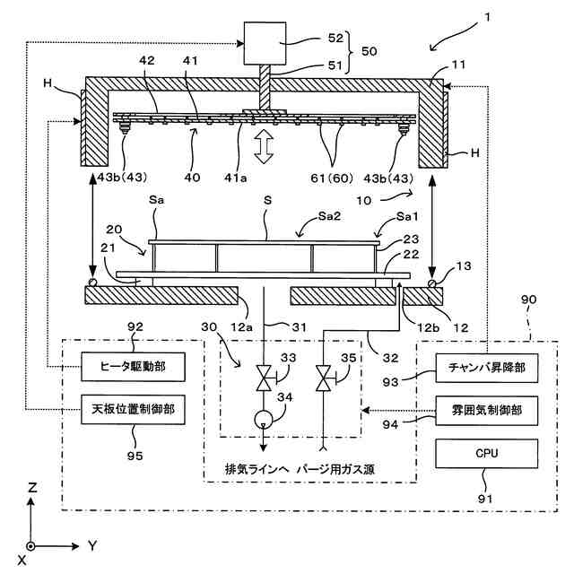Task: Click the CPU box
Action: [486, 454]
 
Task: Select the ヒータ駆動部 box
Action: [133, 367]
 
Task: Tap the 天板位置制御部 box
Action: [133, 409]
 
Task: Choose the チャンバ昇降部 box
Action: [486, 368]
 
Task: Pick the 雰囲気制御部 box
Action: [486, 411]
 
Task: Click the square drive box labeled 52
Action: [265, 43]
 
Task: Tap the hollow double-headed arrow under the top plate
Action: [264, 146]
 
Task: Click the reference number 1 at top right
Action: [487, 17]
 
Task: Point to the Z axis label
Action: [32, 488]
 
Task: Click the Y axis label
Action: [92, 546]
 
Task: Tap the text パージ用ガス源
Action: [335, 469]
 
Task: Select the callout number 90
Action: [528, 300]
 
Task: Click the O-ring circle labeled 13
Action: [432, 283]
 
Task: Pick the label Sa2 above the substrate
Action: [329, 216]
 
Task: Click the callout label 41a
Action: [235, 178]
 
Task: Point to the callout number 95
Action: [135, 457]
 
